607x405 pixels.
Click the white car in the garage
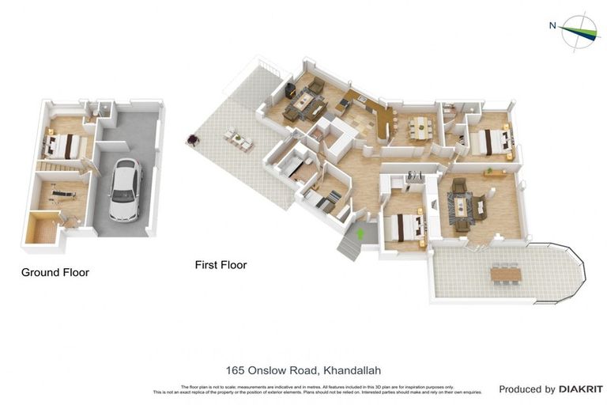coord(125,190)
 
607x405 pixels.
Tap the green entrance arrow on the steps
coord(361,233)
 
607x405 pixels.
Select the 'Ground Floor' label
coord(55,272)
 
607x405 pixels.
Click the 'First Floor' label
coord(221,265)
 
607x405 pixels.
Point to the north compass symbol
coord(580,32)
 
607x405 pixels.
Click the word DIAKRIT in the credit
coord(580,389)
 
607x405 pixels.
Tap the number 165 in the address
coord(235,370)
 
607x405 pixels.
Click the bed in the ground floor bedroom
coord(62,146)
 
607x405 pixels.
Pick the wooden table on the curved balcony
coord(505,274)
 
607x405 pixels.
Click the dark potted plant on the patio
coord(191,141)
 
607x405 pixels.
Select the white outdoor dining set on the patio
coord(237,139)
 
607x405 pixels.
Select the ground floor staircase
coord(58,167)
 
